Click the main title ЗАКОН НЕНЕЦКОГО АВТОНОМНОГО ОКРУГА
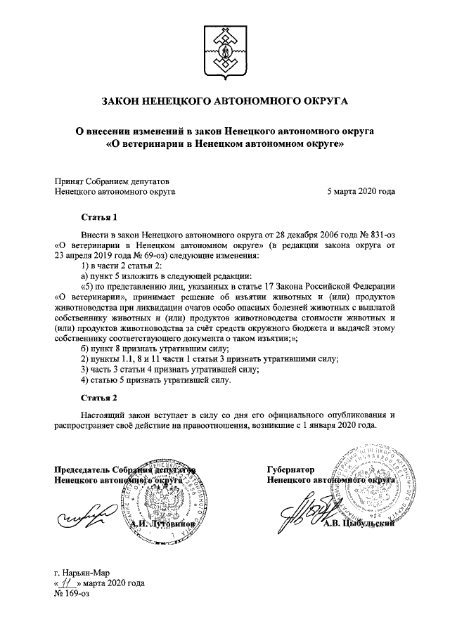tap(225, 101)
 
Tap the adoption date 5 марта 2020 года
tap(361, 190)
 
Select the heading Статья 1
tap(98, 217)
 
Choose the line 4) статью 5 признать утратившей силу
tap(155, 380)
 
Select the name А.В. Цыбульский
tap(366, 531)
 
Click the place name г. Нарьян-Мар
tap(82, 572)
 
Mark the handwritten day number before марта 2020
tap(67, 583)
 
